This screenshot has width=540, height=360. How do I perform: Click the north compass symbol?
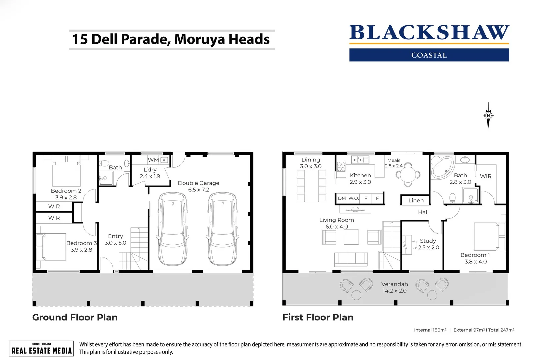(x=488, y=116)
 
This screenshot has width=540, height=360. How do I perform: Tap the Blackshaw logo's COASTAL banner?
(x=429, y=55)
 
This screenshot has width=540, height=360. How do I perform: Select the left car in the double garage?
(x=173, y=229)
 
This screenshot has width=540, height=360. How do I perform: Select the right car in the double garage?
(x=222, y=229)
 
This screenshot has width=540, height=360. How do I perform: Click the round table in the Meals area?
(x=408, y=174)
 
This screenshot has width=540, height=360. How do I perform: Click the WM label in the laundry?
(x=153, y=160)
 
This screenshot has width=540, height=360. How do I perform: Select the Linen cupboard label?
(x=416, y=200)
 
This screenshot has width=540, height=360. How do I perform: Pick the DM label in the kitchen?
(x=342, y=198)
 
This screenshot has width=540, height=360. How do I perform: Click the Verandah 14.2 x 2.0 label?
(x=394, y=287)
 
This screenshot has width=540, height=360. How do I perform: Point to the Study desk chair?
(x=414, y=245)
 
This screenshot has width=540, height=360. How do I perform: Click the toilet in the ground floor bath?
(x=104, y=164)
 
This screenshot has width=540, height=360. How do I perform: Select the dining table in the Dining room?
(x=311, y=186)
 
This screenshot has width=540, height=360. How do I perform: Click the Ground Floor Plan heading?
(x=75, y=317)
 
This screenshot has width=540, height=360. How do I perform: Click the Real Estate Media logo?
(x=41, y=349)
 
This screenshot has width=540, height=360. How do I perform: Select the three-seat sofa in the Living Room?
(x=351, y=259)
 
